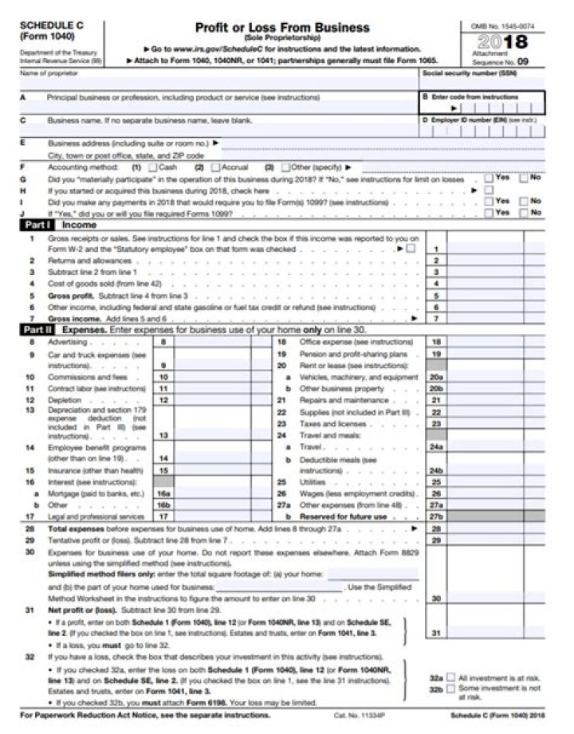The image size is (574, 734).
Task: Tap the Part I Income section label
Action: tap(60, 225)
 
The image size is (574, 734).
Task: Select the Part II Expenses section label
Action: tap(61, 328)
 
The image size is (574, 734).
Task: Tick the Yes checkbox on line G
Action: tap(488, 179)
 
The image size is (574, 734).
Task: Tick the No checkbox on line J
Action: tap(523, 213)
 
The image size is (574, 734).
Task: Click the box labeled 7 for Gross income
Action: tap(436, 317)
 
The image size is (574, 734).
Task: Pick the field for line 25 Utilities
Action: tap(494, 482)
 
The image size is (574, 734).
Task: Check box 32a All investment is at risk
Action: tap(450, 676)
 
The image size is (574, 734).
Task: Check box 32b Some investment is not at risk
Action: tap(450, 687)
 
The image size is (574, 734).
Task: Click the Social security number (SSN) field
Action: tap(482, 81)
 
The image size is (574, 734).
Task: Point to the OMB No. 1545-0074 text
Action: tap(502, 26)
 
